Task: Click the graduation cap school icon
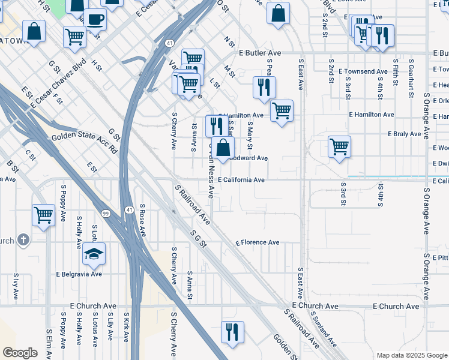point(94,254)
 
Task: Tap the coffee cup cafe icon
point(95,19)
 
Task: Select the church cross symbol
point(23,240)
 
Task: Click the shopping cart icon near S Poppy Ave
point(44,215)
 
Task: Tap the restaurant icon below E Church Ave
point(232,332)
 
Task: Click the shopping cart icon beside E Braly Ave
point(339,146)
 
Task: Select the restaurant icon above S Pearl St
point(264,87)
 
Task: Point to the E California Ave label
point(241,180)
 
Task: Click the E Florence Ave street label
point(258,243)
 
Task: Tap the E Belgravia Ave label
point(79,274)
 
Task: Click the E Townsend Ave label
point(363,71)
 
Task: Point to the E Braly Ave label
point(405,134)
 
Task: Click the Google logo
point(20,352)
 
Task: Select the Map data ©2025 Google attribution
point(411,355)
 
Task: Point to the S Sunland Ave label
point(325,334)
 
